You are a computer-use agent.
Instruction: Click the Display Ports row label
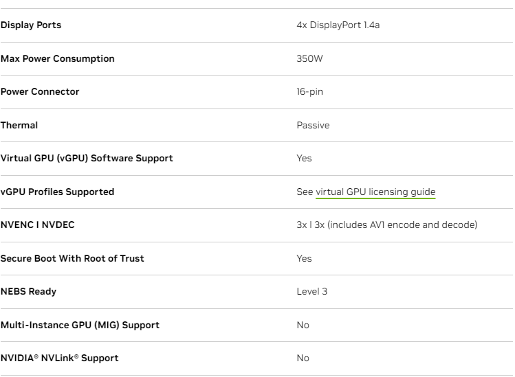pyautogui.click(x=31, y=25)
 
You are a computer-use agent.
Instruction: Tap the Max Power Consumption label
pyautogui.click(x=58, y=58)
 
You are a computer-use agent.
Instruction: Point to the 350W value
pyautogui.click(x=309, y=58)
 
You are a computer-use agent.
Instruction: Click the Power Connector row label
pyautogui.click(x=40, y=92)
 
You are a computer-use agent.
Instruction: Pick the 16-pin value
pyautogui.click(x=309, y=92)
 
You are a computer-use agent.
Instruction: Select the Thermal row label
pyautogui.click(x=19, y=125)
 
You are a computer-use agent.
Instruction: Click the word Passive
pyautogui.click(x=313, y=125)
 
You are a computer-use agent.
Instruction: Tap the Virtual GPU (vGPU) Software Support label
pyautogui.click(x=87, y=159)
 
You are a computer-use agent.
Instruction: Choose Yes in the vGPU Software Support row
pyautogui.click(x=304, y=159)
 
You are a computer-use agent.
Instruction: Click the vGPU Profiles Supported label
pyautogui.click(x=57, y=192)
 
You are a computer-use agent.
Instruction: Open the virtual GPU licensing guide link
pyautogui.click(x=375, y=192)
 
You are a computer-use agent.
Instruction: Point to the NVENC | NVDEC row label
pyautogui.click(x=37, y=225)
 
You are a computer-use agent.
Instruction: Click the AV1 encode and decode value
pyautogui.click(x=386, y=225)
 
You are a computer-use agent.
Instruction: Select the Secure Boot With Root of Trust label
pyautogui.click(x=72, y=258)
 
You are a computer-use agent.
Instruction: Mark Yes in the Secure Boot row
pyautogui.click(x=304, y=258)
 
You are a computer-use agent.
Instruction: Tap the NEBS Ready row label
pyautogui.click(x=28, y=292)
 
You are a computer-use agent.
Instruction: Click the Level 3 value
pyautogui.click(x=311, y=292)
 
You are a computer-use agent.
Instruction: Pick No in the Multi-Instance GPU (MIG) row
pyautogui.click(x=303, y=325)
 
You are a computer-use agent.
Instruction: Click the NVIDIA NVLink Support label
pyautogui.click(x=59, y=358)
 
